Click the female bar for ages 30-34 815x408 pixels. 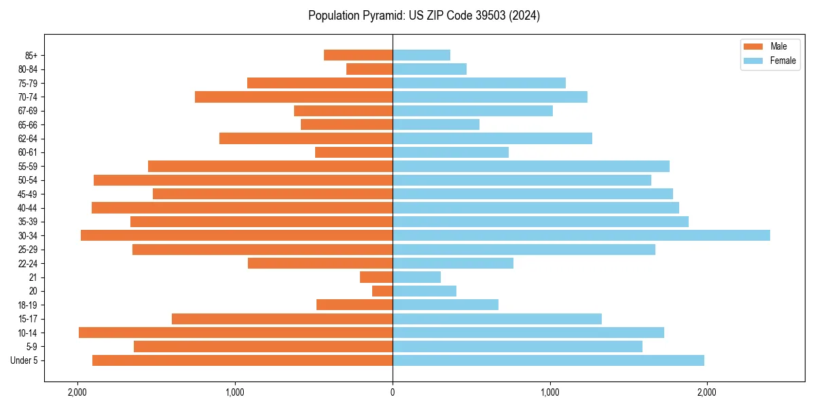[x=581, y=235]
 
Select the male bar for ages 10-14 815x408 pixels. [x=236, y=333]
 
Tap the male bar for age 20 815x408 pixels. [x=382, y=291]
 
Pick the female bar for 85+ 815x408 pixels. [x=421, y=55]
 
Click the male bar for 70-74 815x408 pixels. [x=293, y=97]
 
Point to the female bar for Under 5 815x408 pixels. [x=548, y=360]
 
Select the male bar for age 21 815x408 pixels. [x=376, y=277]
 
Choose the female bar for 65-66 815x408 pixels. [x=436, y=124]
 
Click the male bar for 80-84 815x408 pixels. [x=369, y=69]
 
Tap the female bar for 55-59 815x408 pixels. [x=531, y=166]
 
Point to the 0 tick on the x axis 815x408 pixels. [x=393, y=392]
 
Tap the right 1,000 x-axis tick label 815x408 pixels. [x=549, y=392]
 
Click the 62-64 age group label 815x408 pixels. [x=28, y=139]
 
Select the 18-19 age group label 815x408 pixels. [x=28, y=305]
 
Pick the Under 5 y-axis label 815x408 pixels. [x=24, y=360]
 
